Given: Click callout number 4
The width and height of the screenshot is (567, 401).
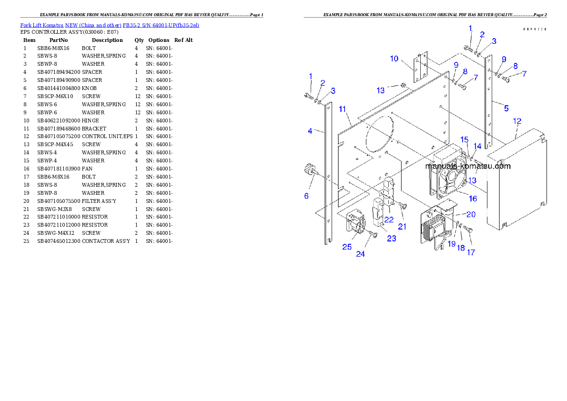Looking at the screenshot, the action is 310,131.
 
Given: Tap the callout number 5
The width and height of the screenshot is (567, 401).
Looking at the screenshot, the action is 506,108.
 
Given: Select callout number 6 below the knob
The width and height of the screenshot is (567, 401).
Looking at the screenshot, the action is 306,196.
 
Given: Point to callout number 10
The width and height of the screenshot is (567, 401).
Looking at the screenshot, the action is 394,59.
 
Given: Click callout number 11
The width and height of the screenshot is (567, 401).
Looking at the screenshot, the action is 342,109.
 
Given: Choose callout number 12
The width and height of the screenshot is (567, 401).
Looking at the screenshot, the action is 517,121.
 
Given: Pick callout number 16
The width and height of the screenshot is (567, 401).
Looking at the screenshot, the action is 473,198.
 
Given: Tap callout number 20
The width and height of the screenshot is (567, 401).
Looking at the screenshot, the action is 471,215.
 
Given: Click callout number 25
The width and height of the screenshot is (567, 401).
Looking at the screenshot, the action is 347,247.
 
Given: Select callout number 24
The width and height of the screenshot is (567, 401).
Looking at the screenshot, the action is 361,254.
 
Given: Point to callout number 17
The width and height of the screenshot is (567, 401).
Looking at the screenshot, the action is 471,252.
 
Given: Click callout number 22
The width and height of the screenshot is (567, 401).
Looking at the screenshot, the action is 389,220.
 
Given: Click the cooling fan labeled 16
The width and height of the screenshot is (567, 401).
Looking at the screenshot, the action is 448,176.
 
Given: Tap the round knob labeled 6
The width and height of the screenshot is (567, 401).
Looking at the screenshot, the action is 310,170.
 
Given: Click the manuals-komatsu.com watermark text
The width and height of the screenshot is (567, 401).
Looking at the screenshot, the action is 468,166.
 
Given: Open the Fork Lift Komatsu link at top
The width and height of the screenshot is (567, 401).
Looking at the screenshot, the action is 110,25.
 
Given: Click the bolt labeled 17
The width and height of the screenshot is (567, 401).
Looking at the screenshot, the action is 467,230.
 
